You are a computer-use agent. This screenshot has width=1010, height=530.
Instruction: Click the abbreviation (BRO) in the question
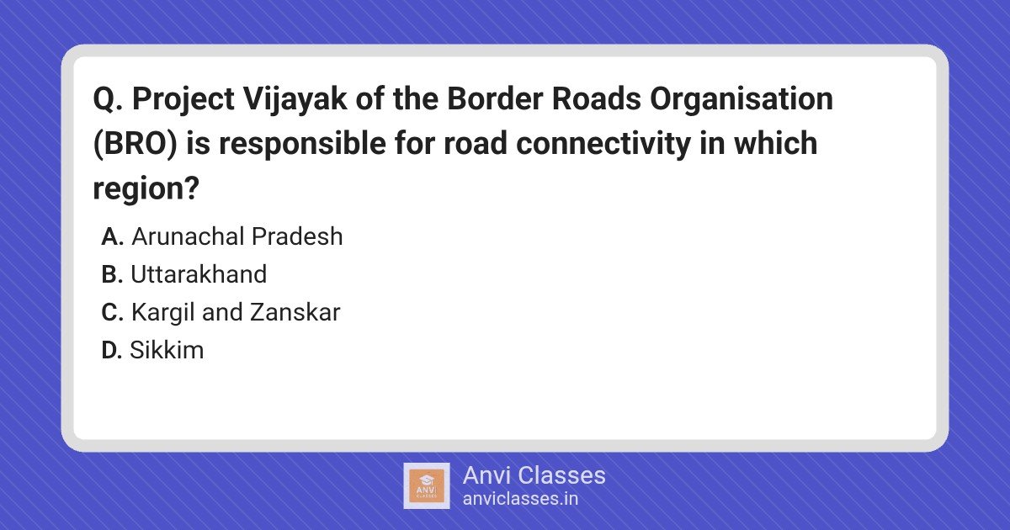pyautogui.click(x=135, y=144)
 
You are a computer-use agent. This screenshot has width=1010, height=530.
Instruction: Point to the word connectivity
pyautogui.click(x=603, y=144)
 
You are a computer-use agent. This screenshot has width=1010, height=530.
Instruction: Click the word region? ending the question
pyautogui.click(x=146, y=189)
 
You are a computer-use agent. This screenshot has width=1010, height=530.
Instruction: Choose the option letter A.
pyautogui.click(x=113, y=236)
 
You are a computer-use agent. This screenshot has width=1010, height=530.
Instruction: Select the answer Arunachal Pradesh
pyautogui.click(x=237, y=236)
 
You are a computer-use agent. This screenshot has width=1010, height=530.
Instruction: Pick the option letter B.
pyautogui.click(x=112, y=274)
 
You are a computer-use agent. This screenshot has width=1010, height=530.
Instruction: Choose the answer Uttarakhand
pyautogui.click(x=199, y=274)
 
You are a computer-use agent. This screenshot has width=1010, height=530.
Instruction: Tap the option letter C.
pyautogui.click(x=113, y=312)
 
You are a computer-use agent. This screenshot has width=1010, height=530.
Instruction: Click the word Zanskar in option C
pyautogui.click(x=295, y=312)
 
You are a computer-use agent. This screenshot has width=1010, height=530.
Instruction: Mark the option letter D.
pyautogui.click(x=112, y=350)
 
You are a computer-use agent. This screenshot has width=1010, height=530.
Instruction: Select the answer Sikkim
pyautogui.click(x=167, y=350)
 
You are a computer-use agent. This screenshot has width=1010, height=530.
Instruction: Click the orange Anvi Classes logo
pyautogui.click(x=426, y=486)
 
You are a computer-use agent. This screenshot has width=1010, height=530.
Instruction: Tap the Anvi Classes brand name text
pyautogui.click(x=534, y=475)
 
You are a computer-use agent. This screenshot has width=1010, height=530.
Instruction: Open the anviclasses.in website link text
pyautogui.click(x=520, y=499)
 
